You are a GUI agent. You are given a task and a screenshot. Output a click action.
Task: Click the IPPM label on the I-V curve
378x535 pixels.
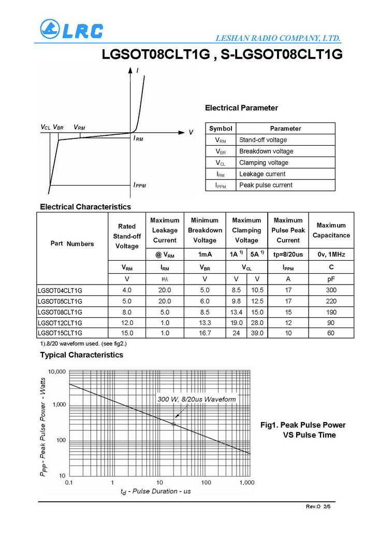click(x=140, y=185)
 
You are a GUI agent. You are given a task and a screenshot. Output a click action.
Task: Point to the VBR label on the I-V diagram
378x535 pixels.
click(x=59, y=127)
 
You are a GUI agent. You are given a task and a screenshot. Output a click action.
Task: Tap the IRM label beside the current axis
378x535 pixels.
click(x=138, y=139)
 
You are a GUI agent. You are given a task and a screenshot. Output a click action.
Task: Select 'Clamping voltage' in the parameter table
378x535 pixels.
click(x=264, y=163)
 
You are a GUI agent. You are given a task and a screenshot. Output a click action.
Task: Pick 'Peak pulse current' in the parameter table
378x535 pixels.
click(x=266, y=185)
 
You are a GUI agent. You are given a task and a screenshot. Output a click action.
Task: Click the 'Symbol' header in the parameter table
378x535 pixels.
click(x=221, y=129)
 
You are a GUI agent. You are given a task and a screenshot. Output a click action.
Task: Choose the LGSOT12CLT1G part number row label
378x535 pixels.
click(x=60, y=323)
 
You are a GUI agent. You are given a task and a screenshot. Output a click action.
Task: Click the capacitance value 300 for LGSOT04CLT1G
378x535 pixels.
click(x=331, y=290)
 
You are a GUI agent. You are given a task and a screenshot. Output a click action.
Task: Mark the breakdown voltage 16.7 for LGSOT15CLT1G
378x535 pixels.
click(x=205, y=333)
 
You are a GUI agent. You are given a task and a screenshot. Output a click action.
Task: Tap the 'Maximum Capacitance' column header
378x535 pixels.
click(x=331, y=230)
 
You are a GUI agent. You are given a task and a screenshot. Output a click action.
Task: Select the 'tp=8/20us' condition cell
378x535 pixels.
click(x=288, y=255)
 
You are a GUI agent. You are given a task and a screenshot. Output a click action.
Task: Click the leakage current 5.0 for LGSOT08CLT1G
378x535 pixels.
click(x=165, y=312)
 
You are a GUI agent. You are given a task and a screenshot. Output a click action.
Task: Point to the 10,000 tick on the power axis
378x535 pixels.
click(x=57, y=372)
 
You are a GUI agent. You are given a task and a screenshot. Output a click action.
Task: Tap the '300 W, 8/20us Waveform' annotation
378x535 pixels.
click(x=197, y=399)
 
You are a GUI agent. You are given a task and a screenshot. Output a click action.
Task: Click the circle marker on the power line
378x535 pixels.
click(x=173, y=424)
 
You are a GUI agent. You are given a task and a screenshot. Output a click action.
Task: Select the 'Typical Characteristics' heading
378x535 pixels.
click(x=82, y=355)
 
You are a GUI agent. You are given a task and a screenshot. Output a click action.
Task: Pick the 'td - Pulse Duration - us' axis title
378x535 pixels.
click(x=155, y=491)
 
